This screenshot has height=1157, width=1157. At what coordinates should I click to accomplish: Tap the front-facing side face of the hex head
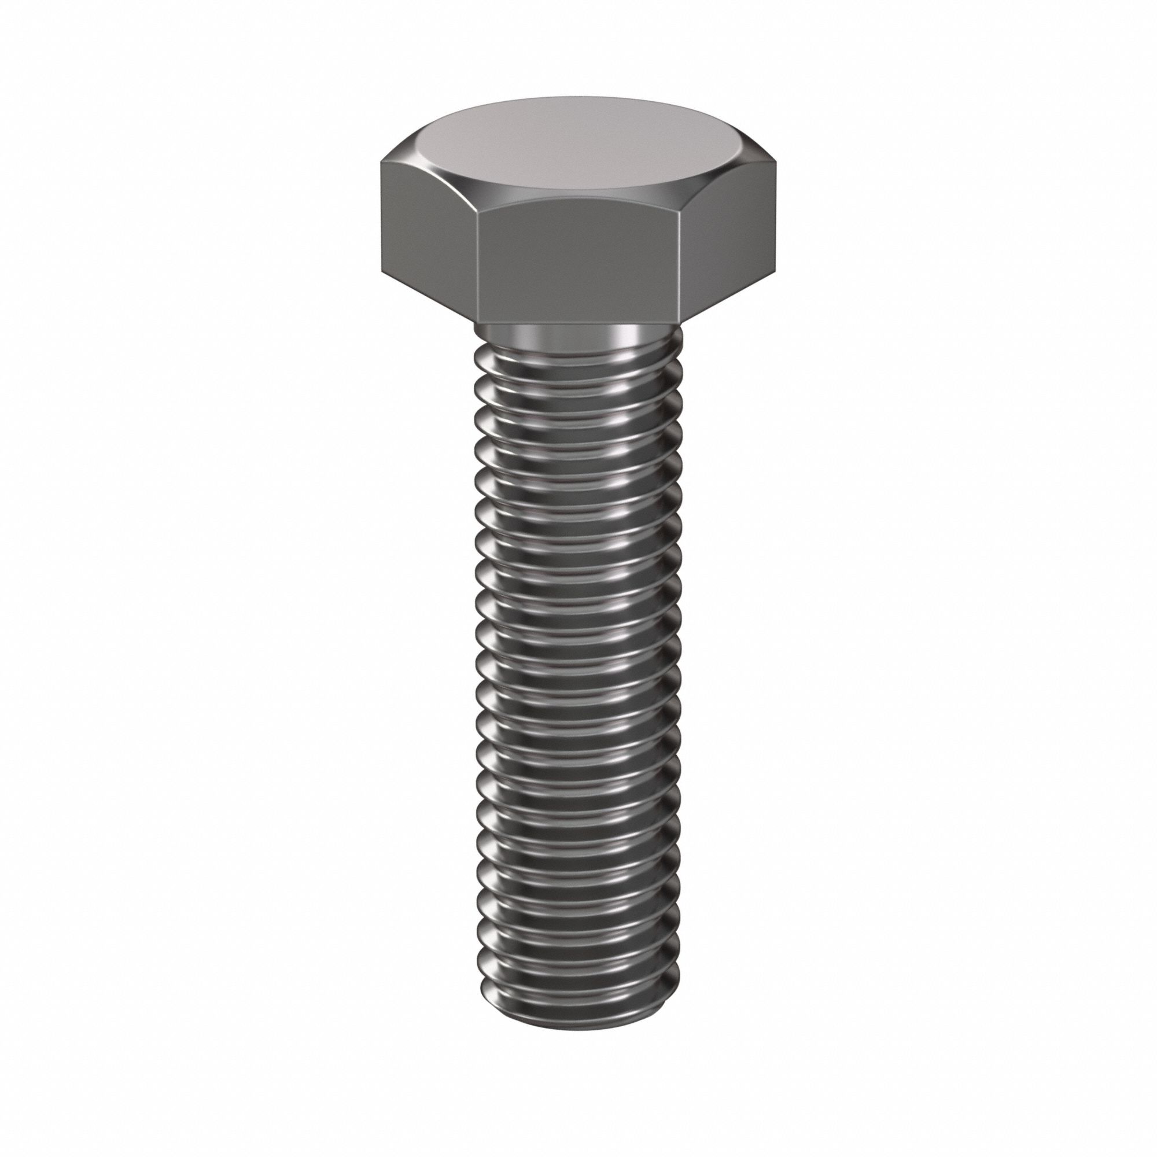point(580,263)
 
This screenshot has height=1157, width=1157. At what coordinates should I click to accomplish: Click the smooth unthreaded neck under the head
point(578,337)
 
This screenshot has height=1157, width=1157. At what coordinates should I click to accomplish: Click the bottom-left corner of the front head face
point(478,323)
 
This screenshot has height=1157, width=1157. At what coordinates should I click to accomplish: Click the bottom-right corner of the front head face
point(681,323)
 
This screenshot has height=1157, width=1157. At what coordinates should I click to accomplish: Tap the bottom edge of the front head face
point(580,324)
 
